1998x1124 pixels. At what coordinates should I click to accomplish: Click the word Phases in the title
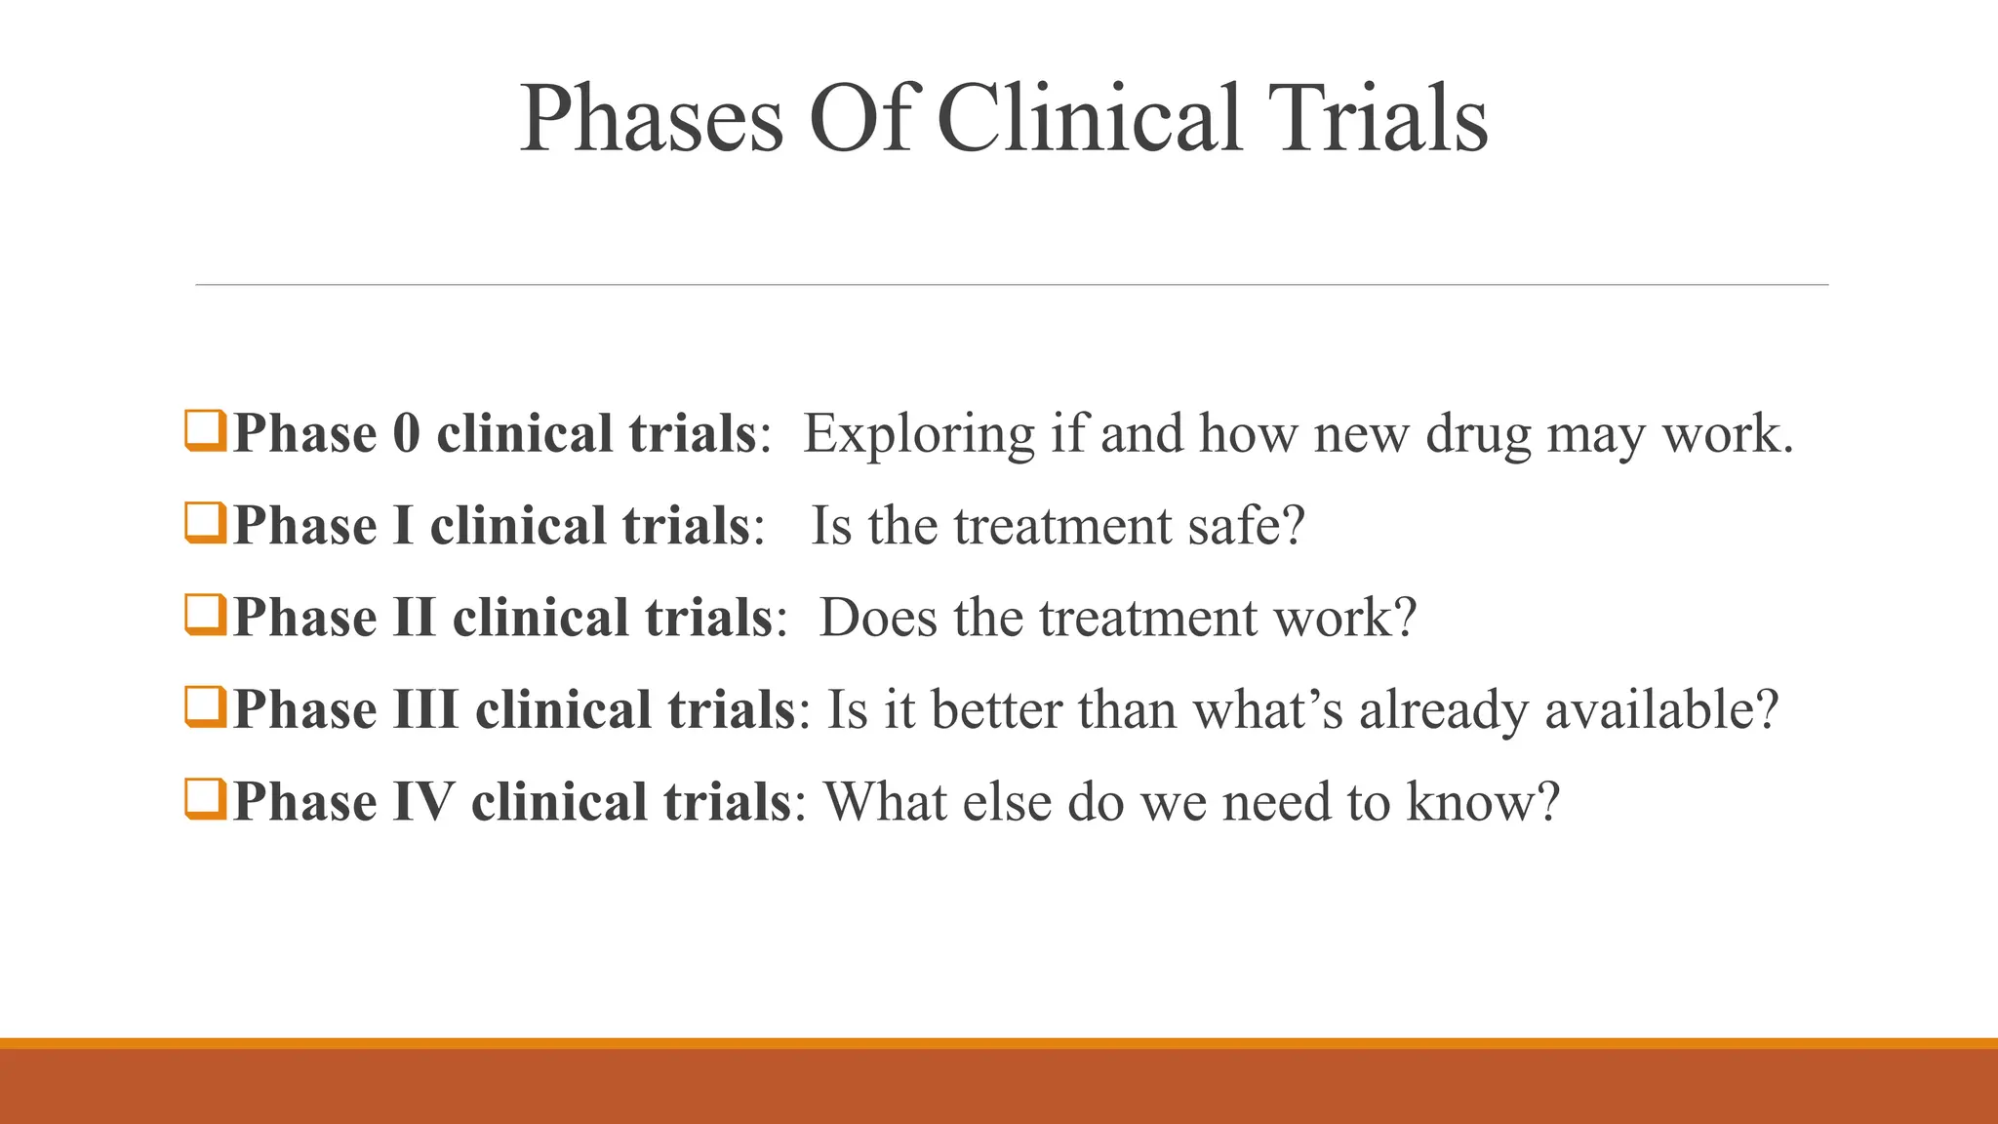pyautogui.click(x=651, y=119)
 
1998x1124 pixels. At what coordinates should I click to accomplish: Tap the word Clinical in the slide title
pyautogui.click(x=1090, y=119)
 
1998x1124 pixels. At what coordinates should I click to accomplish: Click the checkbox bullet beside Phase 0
pyautogui.click(x=205, y=431)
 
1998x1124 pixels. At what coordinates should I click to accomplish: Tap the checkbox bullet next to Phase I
pyautogui.click(x=205, y=523)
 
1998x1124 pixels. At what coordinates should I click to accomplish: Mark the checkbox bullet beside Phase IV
pyautogui.click(x=205, y=799)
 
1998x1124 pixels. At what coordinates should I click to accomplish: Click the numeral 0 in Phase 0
pyautogui.click(x=406, y=433)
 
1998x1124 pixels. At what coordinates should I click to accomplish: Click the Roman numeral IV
pyautogui.click(x=423, y=802)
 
